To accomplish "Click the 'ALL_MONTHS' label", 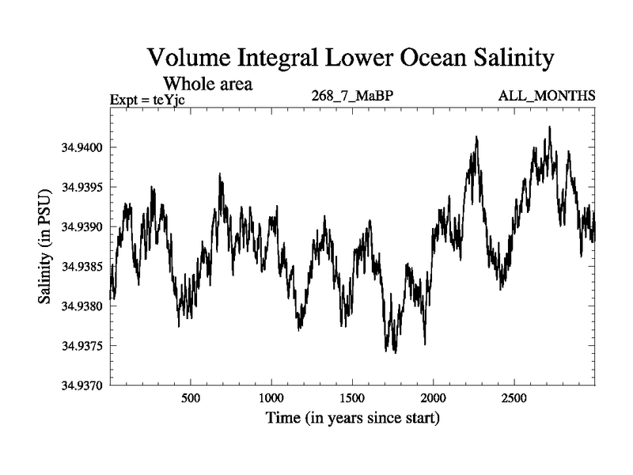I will click(546, 97).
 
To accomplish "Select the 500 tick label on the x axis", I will click(190, 397).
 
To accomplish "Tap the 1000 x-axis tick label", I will click(271, 397).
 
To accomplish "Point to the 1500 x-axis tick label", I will click(352, 397).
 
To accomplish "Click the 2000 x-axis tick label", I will click(433, 397).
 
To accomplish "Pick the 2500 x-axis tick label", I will click(514, 397).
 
